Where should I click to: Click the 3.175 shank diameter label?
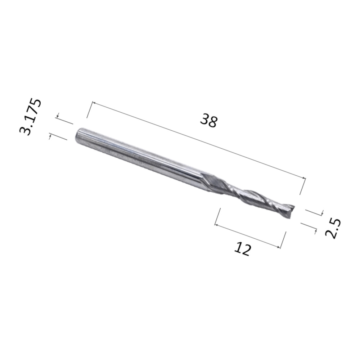click(x=31, y=117)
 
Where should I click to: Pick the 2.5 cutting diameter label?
click(x=333, y=229)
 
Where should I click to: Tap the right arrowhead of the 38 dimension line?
click(x=305, y=178)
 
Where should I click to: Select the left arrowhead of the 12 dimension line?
click(x=216, y=225)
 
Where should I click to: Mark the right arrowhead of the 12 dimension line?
click(x=279, y=247)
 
